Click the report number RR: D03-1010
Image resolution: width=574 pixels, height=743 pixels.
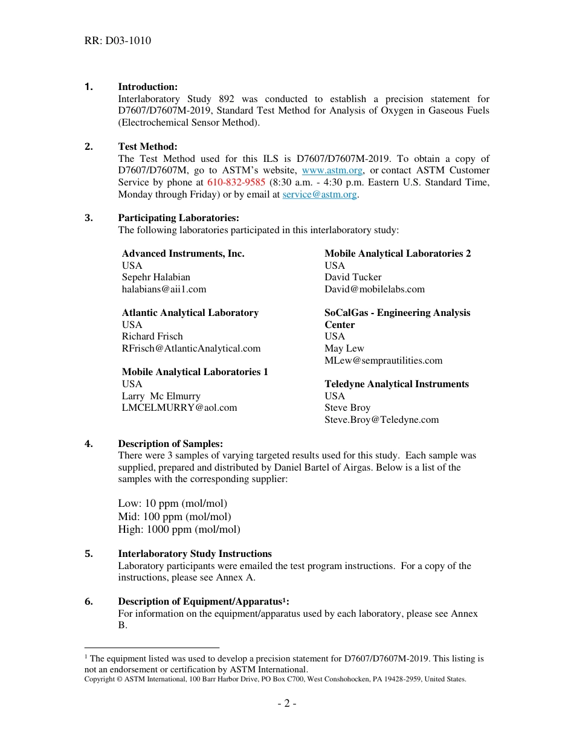pos(118,41)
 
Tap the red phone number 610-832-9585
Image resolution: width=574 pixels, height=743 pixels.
pos(236,182)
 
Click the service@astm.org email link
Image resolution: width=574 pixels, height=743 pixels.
pos(320,195)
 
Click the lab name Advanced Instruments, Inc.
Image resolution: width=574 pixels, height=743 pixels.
pos(183,254)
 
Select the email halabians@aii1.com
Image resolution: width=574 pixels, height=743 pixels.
pos(164,289)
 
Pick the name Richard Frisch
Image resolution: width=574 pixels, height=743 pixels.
pos(152,336)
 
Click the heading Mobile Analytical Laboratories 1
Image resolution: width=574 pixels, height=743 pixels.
pos(195,372)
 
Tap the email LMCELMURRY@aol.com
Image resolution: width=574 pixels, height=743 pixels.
pos(179,408)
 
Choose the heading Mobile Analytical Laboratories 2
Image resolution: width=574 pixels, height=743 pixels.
pos(398,254)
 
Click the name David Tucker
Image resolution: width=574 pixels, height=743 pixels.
pos(353,277)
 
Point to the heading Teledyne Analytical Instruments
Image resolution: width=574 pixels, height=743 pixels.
pos(396,384)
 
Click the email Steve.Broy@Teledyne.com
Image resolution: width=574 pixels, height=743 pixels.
pos(381,420)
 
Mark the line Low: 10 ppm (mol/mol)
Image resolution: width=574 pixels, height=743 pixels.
pos(173,504)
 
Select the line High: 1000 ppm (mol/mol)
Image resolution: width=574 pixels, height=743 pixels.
pos(179,530)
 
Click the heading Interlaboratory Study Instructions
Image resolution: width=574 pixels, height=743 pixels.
pos(195,554)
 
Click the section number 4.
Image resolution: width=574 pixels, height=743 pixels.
pos(89,444)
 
